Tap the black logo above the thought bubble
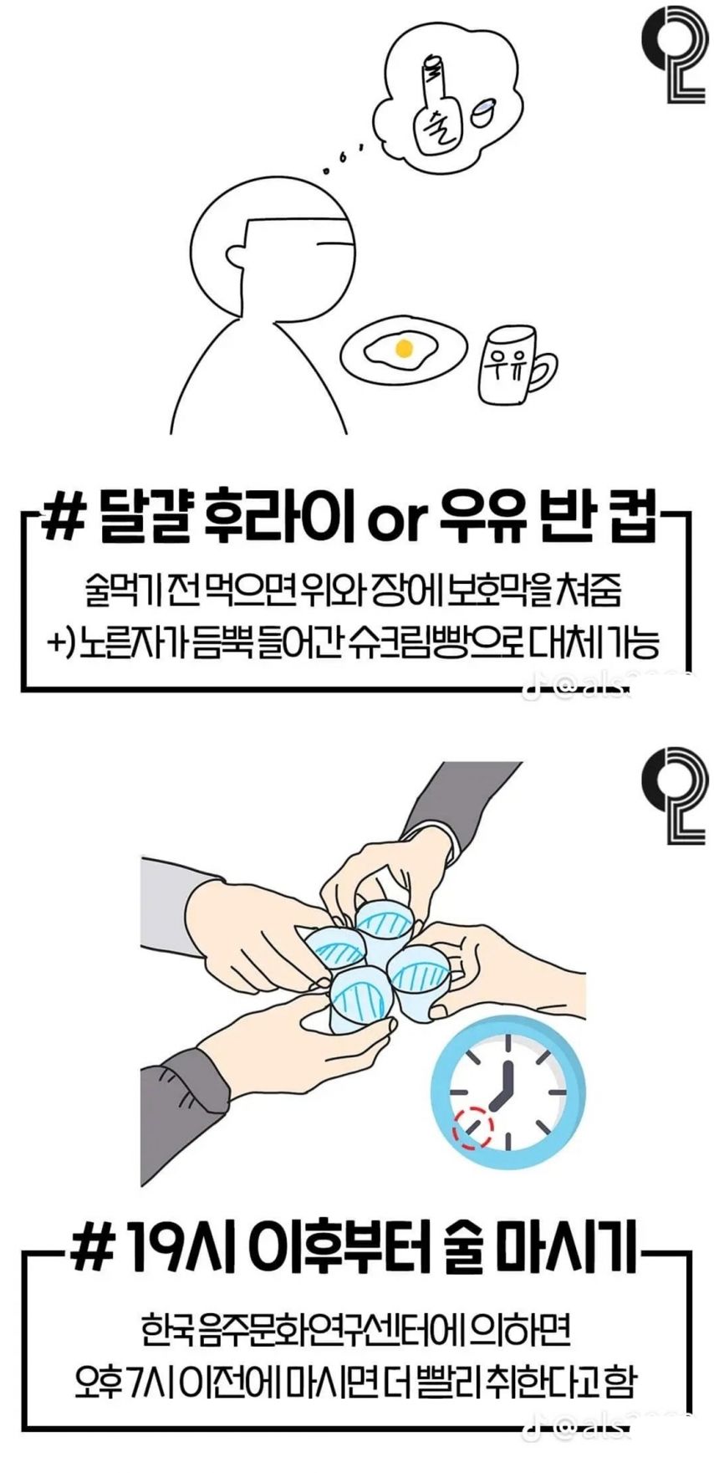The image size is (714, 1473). (x=675, y=54)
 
